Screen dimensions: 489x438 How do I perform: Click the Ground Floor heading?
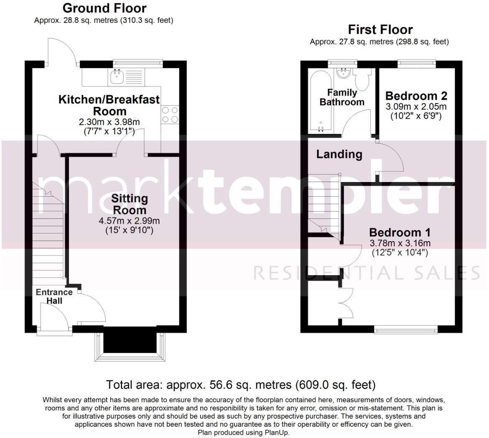click(104, 8)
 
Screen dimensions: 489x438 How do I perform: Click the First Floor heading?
click(380, 30)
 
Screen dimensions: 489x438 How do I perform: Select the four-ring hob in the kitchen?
click(170, 115)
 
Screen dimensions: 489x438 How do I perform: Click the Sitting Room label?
click(130, 204)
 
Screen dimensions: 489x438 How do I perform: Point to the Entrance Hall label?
click(54, 296)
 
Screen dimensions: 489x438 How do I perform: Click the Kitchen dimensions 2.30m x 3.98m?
click(109, 122)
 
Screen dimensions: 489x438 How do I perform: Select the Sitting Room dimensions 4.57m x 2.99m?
click(129, 221)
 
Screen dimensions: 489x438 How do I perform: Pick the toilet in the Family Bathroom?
click(362, 79)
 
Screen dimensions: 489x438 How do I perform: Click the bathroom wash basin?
click(344, 73)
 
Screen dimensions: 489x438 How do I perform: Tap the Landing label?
click(339, 154)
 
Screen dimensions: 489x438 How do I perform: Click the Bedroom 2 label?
click(416, 96)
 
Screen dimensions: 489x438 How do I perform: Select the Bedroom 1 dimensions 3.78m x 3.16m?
click(400, 243)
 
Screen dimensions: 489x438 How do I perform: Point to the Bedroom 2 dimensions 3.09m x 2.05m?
click(416, 106)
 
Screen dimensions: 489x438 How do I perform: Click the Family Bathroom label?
click(342, 97)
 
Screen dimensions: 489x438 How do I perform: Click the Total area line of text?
click(241, 385)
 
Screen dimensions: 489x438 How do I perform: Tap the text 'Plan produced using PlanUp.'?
click(244, 433)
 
